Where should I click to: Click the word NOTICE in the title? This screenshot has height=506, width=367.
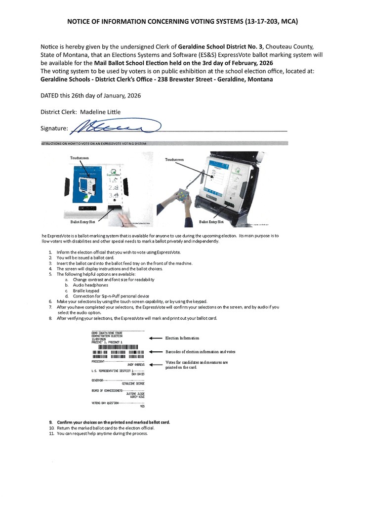[x=82, y=22]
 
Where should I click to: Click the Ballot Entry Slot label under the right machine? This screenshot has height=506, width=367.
[x=211, y=222]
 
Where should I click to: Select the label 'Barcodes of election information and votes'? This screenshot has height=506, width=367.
[x=207, y=351]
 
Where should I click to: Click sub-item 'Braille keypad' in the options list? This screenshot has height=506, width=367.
[x=85, y=290]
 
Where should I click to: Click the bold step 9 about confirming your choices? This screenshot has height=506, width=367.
[x=113, y=422]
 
